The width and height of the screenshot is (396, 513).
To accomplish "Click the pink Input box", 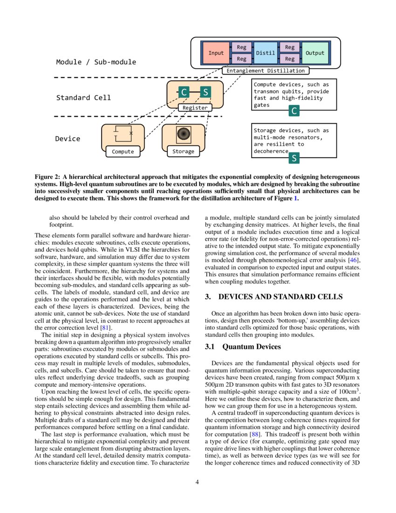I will point(216,53).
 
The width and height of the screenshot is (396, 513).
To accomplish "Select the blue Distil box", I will point(266,53).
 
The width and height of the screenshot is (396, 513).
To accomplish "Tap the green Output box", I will point(314,53).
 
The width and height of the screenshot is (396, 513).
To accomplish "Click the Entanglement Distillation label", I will point(266,71).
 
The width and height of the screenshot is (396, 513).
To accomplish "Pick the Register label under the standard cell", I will point(195,108).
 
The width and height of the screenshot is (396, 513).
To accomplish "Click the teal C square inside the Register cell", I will point(184,92).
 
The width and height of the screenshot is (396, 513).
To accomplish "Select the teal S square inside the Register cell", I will point(205,92).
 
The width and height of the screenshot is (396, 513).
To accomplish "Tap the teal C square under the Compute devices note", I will point(294,111).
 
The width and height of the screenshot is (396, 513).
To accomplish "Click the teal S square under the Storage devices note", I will point(294,159).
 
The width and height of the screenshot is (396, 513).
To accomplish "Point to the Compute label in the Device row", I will point(123,152).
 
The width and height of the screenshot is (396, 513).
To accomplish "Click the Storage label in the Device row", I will point(183,152).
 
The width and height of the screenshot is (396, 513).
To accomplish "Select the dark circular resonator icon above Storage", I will point(183,135).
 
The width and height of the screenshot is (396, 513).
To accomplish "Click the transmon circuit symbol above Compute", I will point(123,133).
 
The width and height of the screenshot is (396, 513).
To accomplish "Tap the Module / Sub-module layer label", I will point(96,62).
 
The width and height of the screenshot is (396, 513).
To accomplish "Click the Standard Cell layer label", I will point(83,98).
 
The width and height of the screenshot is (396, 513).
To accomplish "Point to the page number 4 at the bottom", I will point(198,482).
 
